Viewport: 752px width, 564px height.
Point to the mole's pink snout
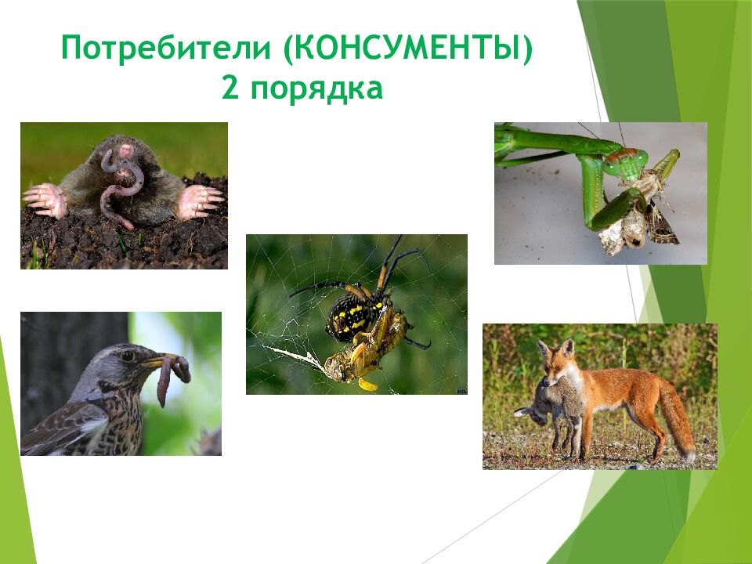[x=126, y=150]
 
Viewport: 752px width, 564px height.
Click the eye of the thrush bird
[x=128, y=356]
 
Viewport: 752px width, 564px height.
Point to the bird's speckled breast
[x=117, y=419]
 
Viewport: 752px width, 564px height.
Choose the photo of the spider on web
[x=356, y=314]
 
